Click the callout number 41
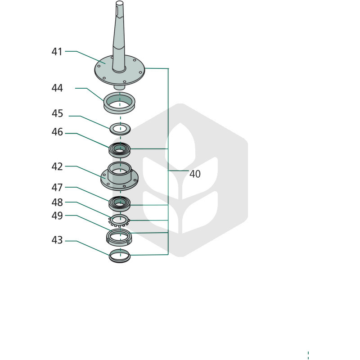(x=57, y=52)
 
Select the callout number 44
(x=57, y=88)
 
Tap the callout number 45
(x=57, y=113)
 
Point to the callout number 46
(x=57, y=132)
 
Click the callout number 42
(x=57, y=166)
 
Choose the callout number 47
(x=57, y=188)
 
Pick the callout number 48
(x=57, y=202)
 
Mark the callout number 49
(x=57, y=216)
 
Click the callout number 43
(x=57, y=240)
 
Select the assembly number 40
(x=195, y=174)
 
